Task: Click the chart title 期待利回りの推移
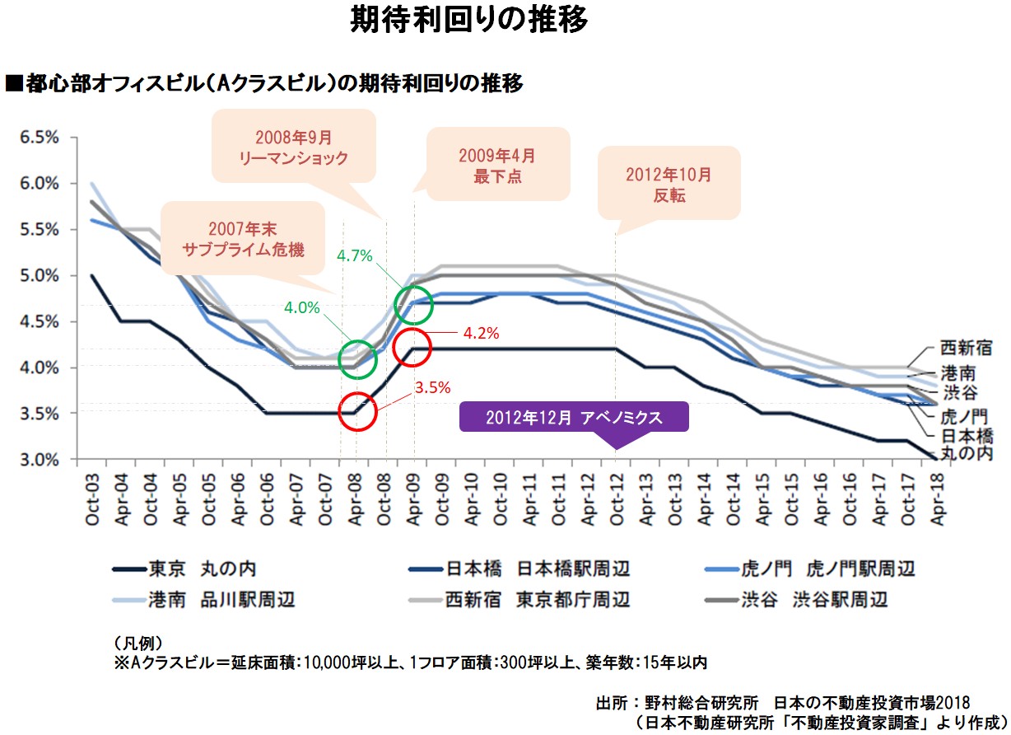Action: [x=468, y=20]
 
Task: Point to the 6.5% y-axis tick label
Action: [x=39, y=138]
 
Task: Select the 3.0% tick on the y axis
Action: [x=39, y=459]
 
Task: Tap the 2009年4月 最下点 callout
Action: [x=498, y=164]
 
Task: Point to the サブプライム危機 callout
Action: [x=244, y=237]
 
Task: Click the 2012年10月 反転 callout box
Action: [x=669, y=184]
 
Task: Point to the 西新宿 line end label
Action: [x=966, y=349]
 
